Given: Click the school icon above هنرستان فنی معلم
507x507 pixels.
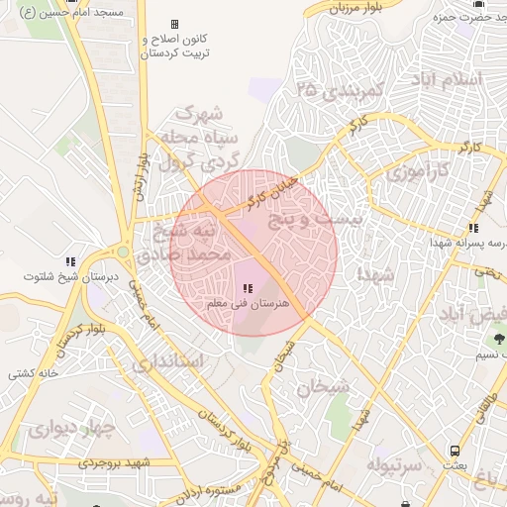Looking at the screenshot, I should coord(246,288).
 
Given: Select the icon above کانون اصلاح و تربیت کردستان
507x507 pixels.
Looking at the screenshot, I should coord(175,25).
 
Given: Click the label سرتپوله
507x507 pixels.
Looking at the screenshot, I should coord(395,463).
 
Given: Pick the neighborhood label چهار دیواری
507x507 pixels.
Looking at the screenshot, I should coord(71,430).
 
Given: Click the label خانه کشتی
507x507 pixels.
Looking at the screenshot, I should coord(35,373).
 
